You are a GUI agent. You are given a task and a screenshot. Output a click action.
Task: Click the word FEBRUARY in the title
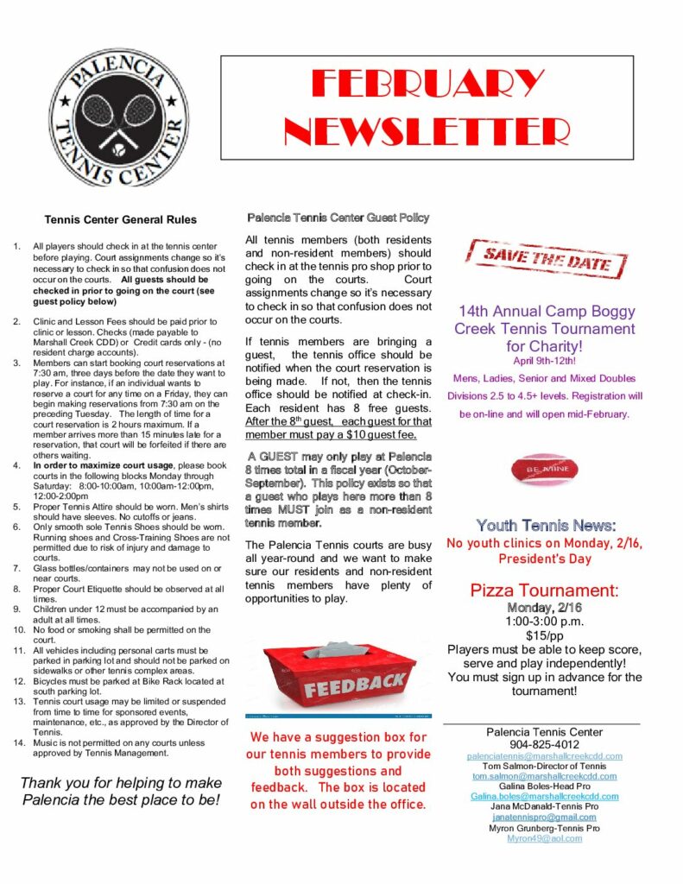point(428,85)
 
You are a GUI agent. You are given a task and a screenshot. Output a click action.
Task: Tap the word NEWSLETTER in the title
point(428,130)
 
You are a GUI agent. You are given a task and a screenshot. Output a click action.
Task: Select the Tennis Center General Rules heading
point(120,220)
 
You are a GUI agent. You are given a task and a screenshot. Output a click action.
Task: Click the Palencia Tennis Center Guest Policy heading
point(338,218)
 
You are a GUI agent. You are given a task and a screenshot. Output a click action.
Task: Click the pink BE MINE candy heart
point(545,470)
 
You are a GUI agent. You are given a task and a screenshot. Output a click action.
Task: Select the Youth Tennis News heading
point(546,525)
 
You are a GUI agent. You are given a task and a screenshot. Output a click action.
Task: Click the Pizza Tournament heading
point(545,590)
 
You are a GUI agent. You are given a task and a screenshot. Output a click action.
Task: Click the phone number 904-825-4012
point(545,744)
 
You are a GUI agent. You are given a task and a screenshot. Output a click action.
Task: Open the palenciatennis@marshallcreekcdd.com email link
point(545,755)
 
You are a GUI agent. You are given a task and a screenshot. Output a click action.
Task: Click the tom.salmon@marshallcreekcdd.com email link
point(545,776)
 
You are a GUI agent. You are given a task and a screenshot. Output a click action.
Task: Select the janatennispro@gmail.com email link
point(545,818)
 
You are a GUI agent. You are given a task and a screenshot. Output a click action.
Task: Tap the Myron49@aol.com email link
point(545,838)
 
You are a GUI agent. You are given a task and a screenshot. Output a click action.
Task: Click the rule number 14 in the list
point(18,742)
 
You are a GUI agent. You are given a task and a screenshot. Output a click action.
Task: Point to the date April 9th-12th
point(545,360)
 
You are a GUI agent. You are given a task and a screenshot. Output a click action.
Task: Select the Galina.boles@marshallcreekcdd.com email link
point(545,796)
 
